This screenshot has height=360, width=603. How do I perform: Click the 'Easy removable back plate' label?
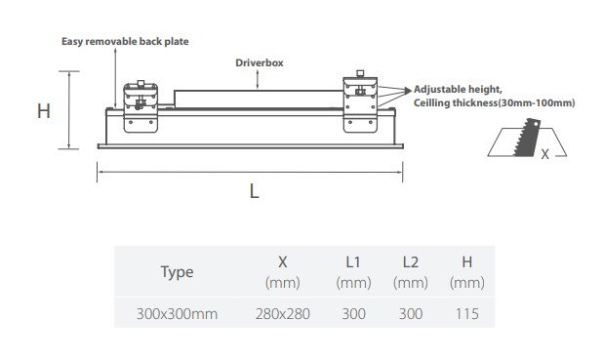(125, 42)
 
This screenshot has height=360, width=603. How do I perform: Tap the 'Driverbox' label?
(260, 62)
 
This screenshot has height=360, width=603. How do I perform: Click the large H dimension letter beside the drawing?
(44, 111)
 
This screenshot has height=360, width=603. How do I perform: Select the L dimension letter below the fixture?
(255, 191)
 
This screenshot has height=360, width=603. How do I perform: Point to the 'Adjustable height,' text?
(458, 90)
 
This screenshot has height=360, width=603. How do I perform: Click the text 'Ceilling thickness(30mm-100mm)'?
(494, 103)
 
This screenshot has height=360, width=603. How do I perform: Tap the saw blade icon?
(527, 138)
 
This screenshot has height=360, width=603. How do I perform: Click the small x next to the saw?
(544, 154)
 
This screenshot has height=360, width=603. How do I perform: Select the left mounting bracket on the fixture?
(141, 107)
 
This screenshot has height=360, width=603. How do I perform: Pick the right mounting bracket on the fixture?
(360, 101)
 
